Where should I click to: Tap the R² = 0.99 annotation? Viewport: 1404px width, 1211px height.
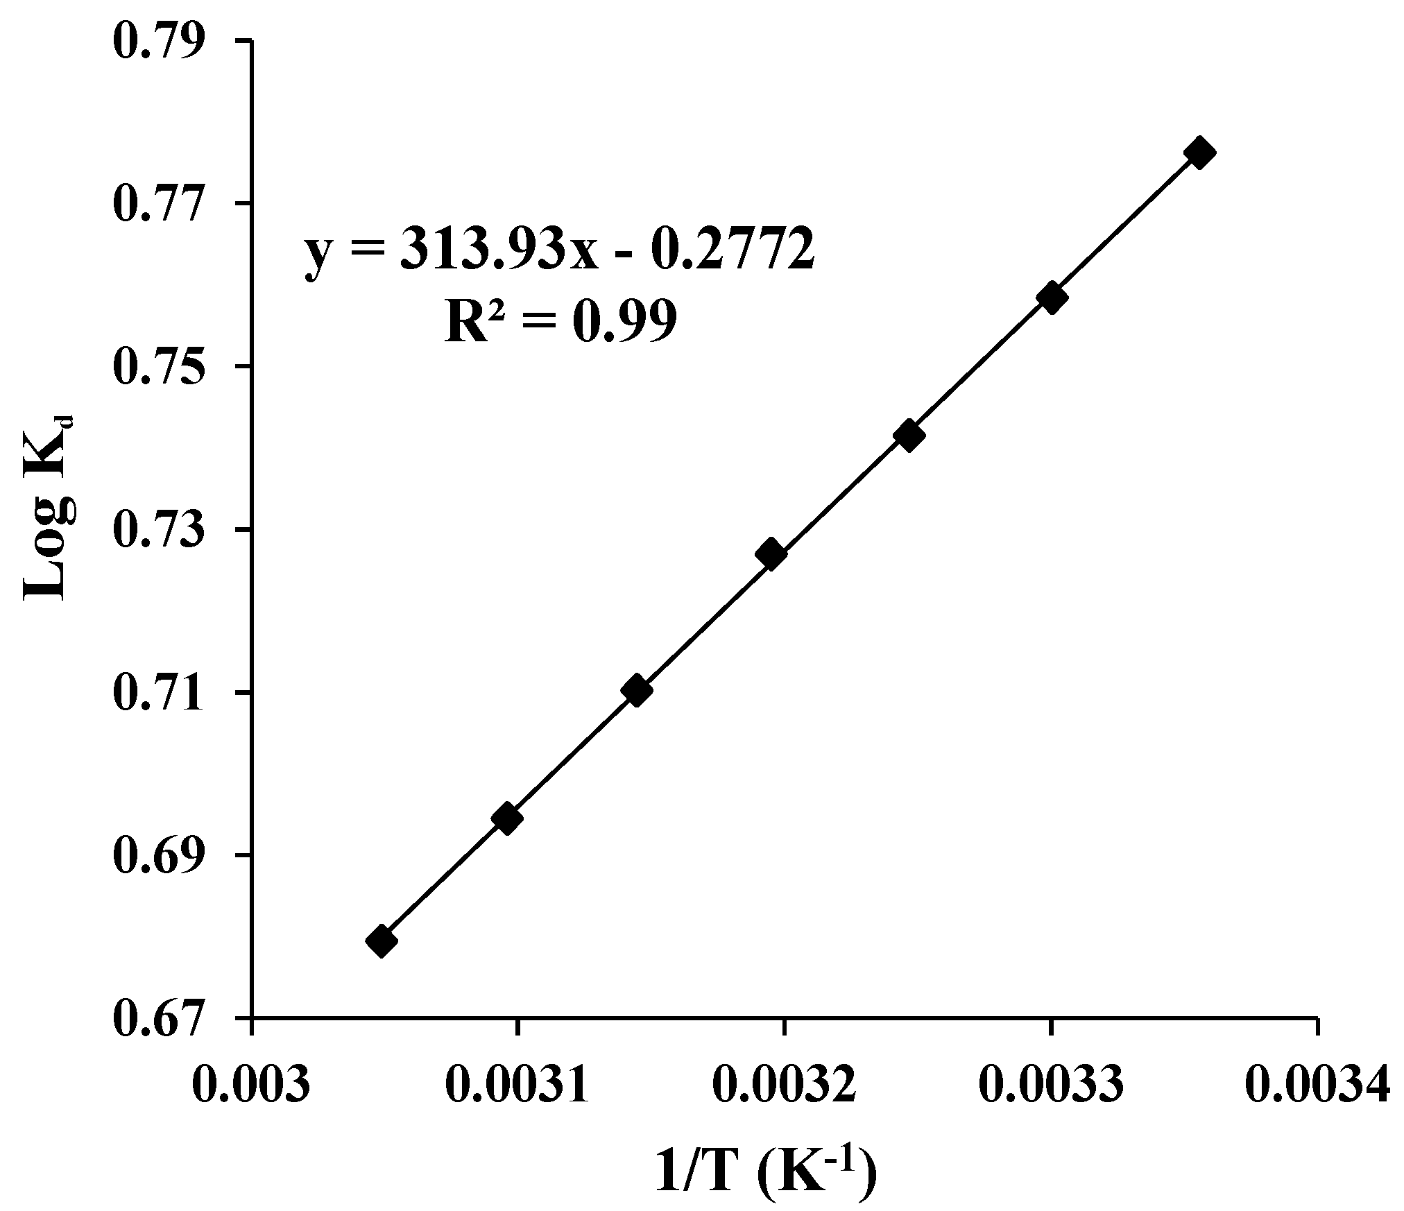[x=560, y=323]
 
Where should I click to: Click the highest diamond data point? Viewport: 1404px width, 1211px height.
[x=1199, y=153]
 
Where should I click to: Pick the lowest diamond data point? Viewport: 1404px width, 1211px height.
[x=381, y=941]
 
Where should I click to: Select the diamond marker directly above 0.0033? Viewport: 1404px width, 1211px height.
[x=1051, y=298]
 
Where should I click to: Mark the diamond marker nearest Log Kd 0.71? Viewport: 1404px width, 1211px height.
[x=637, y=690]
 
